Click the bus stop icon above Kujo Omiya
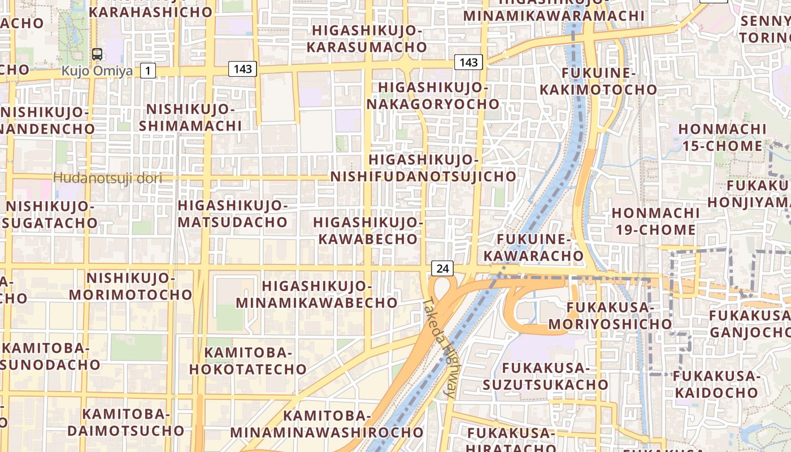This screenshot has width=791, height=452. click(97, 54)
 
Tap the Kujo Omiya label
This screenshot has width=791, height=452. click(97, 71)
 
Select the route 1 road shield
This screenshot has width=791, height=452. click(147, 71)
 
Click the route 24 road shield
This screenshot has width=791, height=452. click(442, 268)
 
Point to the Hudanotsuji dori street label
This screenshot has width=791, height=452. click(107, 179)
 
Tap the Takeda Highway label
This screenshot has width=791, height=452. click(441, 347)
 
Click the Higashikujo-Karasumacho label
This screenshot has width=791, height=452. click(367, 38)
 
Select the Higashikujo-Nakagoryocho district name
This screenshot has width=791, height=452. click(433, 95)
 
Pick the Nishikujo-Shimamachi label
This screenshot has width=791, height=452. click(190, 117)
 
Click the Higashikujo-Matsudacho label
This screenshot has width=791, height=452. click(233, 213)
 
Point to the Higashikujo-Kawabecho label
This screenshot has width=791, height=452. click(368, 230)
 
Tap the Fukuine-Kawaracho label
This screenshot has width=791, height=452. click(533, 247)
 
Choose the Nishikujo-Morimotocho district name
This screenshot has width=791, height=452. click(131, 286)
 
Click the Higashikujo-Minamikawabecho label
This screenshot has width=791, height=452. click(316, 294)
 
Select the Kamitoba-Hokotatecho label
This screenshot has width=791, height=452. click(248, 361)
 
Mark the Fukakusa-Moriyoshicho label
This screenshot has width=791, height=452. click(610, 316)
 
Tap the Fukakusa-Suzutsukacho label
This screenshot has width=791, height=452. click(546, 376)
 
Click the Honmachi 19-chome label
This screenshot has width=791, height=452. click(655, 221)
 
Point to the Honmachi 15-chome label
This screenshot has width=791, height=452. click(722, 137)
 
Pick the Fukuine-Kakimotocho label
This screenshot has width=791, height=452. click(598, 81)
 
